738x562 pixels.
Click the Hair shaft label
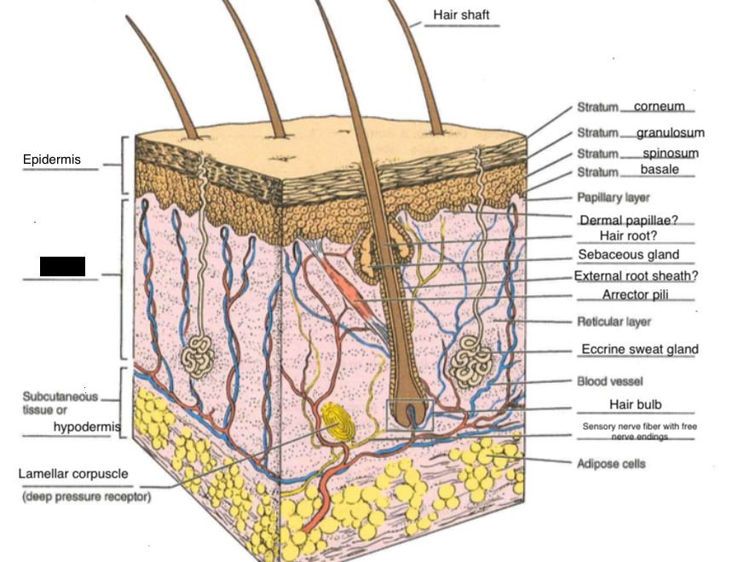click(461, 15)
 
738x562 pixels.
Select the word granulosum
click(670, 133)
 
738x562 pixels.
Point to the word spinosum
click(670, 154)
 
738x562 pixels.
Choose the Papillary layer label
click(613, 198)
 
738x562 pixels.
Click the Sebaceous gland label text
click(628, 254)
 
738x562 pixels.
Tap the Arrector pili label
click(633, 295)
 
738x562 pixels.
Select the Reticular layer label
click(614, 322)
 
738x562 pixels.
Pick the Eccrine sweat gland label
click(639, 349)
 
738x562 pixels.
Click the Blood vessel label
click(609, 381)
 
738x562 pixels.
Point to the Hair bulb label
click(635, 404)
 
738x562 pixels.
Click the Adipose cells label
click(611, 464)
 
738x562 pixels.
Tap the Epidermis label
click(51, 160)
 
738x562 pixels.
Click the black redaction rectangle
click(62, 266)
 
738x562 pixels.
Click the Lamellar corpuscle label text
click(73, 473)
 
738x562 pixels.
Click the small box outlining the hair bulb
click(410, 414)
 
